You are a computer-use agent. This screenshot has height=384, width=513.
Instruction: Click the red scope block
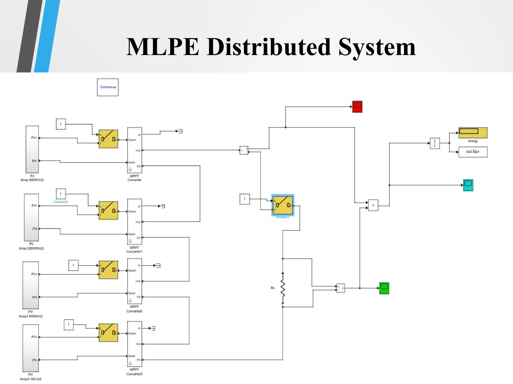pos(357,107)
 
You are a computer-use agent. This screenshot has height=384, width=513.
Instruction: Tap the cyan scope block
pos(468,185)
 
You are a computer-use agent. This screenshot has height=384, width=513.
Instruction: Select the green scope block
pos(384,288)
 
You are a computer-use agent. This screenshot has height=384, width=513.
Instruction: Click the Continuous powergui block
pos(108,87)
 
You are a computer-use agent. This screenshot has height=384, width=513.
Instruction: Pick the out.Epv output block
pos(473,152)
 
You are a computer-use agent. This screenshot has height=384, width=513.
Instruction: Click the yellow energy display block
pos(473,132)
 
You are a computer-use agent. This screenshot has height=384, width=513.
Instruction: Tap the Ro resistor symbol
pos(283,288)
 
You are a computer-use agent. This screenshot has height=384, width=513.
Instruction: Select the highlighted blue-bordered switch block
pos(283,205)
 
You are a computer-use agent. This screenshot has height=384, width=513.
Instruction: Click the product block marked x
pos(373,205)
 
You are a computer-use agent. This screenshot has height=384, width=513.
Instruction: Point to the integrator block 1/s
pos(435,143)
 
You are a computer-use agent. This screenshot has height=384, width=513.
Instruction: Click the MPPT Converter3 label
pos(134,372)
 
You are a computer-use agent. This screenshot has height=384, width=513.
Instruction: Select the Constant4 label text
pos(61,202)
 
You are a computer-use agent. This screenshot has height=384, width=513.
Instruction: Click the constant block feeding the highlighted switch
pos(244,199)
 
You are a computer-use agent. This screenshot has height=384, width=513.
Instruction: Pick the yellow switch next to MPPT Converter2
pos(108,270)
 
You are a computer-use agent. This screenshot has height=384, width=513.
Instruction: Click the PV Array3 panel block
pos(31,348)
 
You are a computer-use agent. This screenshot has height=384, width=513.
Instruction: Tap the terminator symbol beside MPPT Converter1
pos(163,206)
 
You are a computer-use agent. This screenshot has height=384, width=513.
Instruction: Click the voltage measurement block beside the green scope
pos(340,288)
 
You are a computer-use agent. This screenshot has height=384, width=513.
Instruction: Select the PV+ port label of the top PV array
pos(34,138)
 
